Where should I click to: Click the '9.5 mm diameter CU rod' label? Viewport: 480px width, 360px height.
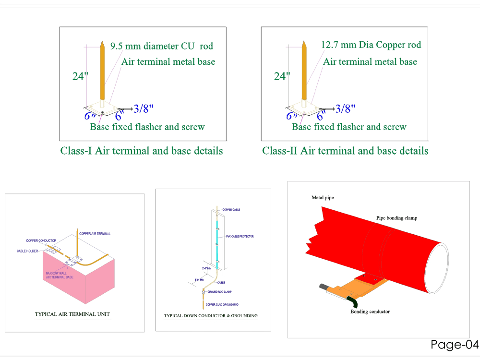point(161,47)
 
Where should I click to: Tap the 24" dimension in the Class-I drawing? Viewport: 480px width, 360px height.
point(80,76)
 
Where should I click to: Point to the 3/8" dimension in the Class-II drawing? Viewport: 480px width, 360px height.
point(345,109)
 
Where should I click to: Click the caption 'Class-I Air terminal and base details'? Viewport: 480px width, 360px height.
point(142,151)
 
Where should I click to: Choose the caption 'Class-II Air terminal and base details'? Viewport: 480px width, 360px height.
point(345,151)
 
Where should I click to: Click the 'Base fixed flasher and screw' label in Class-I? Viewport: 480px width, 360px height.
point(147,127)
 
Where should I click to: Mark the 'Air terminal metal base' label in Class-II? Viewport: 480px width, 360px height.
point(370,62)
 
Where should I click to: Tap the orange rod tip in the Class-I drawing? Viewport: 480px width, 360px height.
point(102,45)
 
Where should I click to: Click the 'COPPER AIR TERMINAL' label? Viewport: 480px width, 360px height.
point(95,234)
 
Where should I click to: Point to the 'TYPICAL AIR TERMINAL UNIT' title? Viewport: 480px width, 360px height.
point(72,314)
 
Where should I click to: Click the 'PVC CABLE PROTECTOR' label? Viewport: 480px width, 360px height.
point(240,237)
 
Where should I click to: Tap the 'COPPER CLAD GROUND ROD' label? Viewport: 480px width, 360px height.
point(222,305)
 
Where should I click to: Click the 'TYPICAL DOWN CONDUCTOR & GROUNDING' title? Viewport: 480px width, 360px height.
point(211,316)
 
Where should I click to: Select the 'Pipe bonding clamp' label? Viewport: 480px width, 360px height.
point(396,218)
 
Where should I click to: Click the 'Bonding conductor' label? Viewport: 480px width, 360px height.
point(370,312)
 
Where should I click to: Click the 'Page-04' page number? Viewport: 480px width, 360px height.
point(455,344)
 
